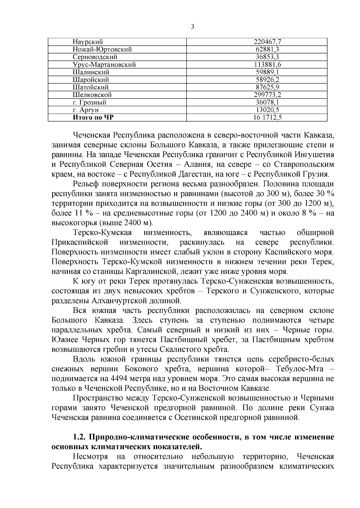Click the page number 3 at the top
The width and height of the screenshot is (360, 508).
pyautogui.click(x=192, y=27)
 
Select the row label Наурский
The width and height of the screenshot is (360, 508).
pyautogui.click(x=88, y=42)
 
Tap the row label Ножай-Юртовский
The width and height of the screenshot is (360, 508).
pyautogui.click(x=102, y=49)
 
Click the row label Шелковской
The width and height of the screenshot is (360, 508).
pyautogui.click(x=92, y=95)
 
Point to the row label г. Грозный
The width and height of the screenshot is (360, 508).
pyautogui.click(x=89, y=102)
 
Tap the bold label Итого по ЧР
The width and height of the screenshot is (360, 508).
pyautogui.click(x=93, y=117)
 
